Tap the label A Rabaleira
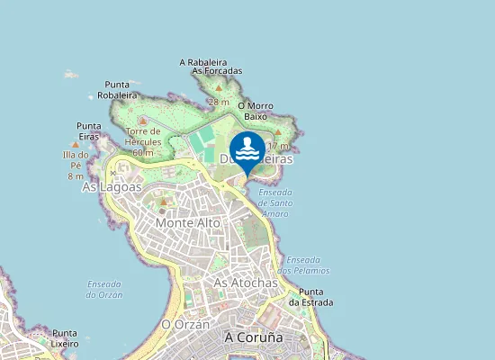(x=208, y=62)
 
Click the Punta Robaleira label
(x=117, y=89)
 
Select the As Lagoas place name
(x=112, y=187)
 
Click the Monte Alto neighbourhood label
(x=188, y=221)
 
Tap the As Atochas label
(x=246, y=283)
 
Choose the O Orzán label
(x=184, y=324)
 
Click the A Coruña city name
(x=253, y=337)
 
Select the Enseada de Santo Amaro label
(x=274, y=202)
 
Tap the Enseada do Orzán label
(x=104, y=289)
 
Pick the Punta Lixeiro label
(x=65, y=337)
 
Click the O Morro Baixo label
(x=256, y=111)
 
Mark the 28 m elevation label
(x=218, y=102)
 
